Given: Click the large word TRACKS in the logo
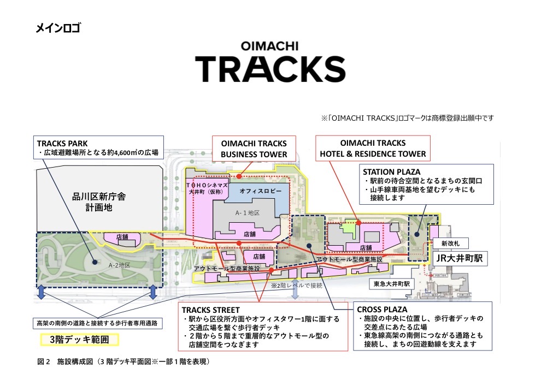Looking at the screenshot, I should [270, 68].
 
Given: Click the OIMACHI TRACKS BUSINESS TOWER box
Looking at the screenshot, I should [254, 149].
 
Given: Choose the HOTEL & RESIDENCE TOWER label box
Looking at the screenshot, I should [373, 149].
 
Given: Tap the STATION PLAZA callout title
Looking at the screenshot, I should [392, 171].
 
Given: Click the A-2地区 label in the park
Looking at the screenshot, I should [119, 265].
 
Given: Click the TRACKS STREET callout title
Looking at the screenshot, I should [210, 310].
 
